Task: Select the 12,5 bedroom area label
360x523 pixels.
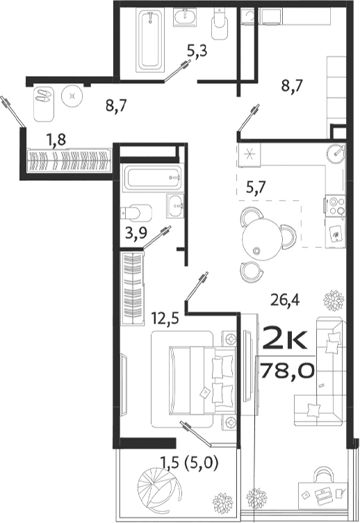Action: pyautogui.click(x=164, y=318)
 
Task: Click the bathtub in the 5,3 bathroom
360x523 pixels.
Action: pyautogui.click(x=150, y=40)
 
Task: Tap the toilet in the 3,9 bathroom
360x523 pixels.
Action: pyautogui.click(x=138, y=210)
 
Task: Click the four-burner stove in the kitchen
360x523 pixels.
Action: pyautogui.click(x=336, y=206)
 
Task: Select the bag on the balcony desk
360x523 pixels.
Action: pyautogui.click(x=322, y=479)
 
